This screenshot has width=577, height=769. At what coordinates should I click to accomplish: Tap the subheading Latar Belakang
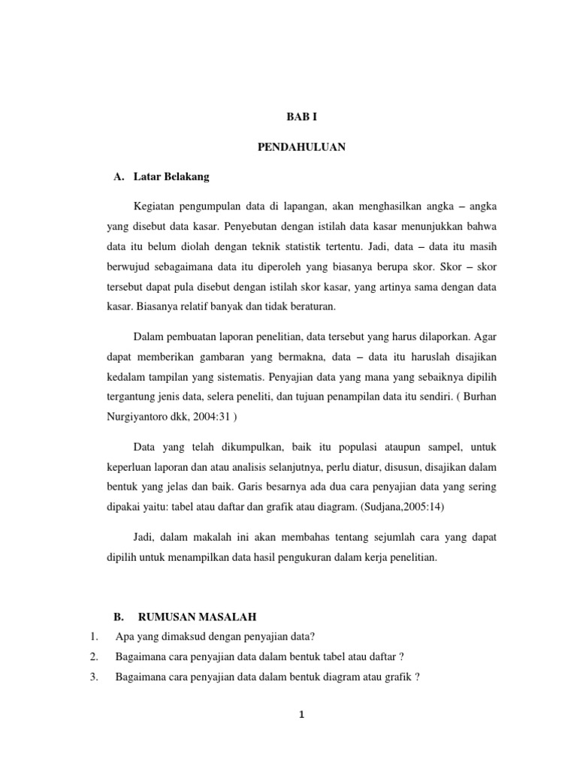pos(171,177)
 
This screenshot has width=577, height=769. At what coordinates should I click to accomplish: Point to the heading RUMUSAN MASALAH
pos(198,617)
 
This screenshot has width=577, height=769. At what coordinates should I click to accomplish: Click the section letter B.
pos(118,617)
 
